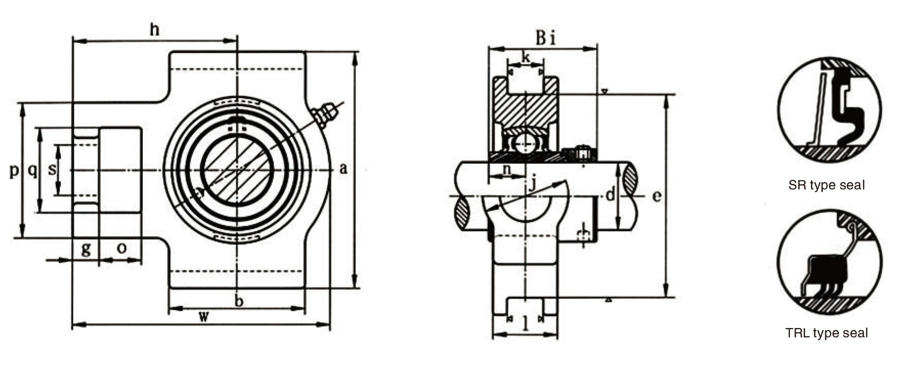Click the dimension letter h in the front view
tap(154, 30)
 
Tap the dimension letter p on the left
tap(14, 170)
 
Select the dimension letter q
tap(32, 170)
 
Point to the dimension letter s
tap(52, 169)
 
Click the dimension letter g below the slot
tap(86, 249)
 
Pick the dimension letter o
tap(122, 248)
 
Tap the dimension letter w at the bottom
tap(204, 316)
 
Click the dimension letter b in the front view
tap(238, 301)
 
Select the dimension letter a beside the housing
tap(343, 168)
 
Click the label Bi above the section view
tap(545, 37)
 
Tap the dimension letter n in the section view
tap(507, 170)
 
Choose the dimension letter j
tap(532, 183)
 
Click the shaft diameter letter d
tap(609, 195)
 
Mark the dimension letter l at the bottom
tap(525, 323)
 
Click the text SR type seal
tap(826, 185)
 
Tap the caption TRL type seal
tap(826, 333)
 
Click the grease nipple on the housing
tap(325, 115)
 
